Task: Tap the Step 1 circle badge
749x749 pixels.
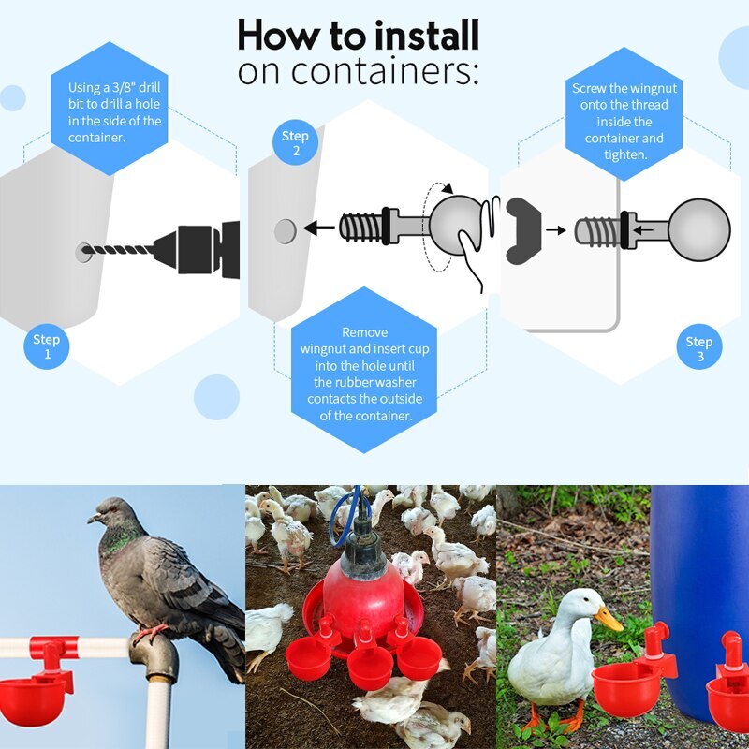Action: tap(46, 346)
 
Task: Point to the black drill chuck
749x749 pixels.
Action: tap(197, 250)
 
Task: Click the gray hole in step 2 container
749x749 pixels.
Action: tap(286, 229)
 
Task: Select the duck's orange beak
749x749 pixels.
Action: tap(609, 617)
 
